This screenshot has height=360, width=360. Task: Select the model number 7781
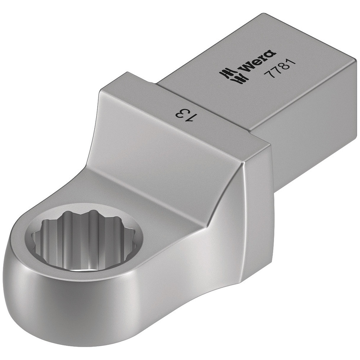click(x=275, y=66)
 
